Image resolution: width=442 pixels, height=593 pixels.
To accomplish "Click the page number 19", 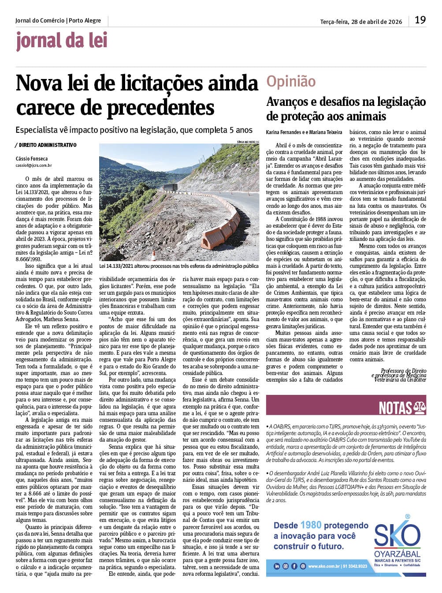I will point(420,20).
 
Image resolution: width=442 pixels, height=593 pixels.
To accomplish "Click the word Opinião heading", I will point(291,82).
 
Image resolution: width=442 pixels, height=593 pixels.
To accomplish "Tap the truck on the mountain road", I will point(171,187).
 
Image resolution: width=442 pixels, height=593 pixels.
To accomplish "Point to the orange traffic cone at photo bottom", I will point(153,255).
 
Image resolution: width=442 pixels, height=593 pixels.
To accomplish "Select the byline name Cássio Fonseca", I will point(32,158).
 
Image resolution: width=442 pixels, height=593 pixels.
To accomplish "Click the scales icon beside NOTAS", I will point(420,408).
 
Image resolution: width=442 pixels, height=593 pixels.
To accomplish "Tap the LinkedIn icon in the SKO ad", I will point(277,566).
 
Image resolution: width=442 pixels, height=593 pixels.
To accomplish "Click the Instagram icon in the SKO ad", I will point(286,566).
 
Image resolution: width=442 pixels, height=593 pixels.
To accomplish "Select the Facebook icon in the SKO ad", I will point(294,566).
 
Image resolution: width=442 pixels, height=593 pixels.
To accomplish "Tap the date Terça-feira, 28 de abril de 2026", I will point(361,21).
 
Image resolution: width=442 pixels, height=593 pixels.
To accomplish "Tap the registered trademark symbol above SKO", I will point(407,516).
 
